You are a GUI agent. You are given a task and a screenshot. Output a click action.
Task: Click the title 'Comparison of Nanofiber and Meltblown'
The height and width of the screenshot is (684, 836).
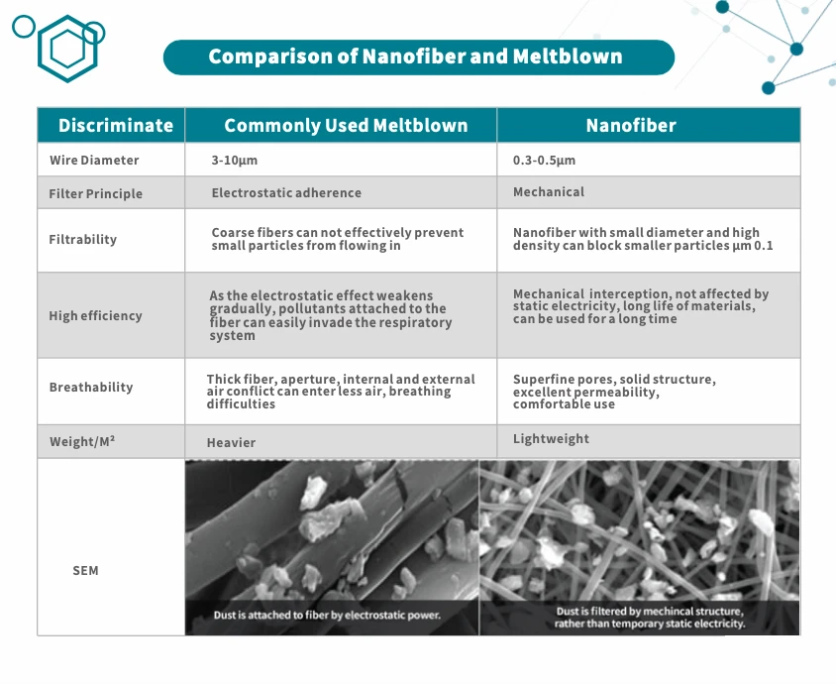[x=416, y=57]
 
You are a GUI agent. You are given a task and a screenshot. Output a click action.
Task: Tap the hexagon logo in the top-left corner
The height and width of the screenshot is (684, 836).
[x=67, y=49]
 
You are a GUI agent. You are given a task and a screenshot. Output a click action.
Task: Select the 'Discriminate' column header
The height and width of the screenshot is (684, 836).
[x=115, y=126]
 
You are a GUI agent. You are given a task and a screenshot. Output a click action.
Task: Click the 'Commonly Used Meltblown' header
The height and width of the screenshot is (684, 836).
[x=346, y=126]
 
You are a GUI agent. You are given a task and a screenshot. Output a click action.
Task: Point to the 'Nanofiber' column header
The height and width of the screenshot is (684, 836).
[x=631, y=126]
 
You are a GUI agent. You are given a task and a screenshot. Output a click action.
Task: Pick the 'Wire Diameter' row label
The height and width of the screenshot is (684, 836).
[x=94, y=161]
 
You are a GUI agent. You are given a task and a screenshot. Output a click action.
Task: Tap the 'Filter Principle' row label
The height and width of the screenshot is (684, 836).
[x=95, y=194]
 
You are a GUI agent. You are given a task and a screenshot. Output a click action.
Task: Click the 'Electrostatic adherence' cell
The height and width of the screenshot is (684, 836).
[x=286, y=193]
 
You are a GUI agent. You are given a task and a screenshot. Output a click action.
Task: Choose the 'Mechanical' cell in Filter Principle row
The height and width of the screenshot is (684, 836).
[x=549, y=192]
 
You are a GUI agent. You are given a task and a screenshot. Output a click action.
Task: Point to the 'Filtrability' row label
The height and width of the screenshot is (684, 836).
[x=82, y=240]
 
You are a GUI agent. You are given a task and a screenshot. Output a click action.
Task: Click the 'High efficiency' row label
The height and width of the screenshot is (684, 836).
[x=95, y=316]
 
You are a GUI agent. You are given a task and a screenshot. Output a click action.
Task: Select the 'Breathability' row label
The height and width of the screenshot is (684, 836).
[x=90, y=388]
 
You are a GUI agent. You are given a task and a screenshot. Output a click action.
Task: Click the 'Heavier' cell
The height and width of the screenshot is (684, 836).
[x=231, y=443]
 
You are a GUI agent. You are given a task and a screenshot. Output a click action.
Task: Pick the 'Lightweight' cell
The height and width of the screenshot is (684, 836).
[x=551, y=439]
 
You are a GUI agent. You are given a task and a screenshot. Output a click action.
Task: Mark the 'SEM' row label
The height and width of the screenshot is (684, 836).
[x=85, y=571]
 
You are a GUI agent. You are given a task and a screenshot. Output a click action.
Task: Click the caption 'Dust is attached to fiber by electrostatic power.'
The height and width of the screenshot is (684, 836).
[x=327, y=616]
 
